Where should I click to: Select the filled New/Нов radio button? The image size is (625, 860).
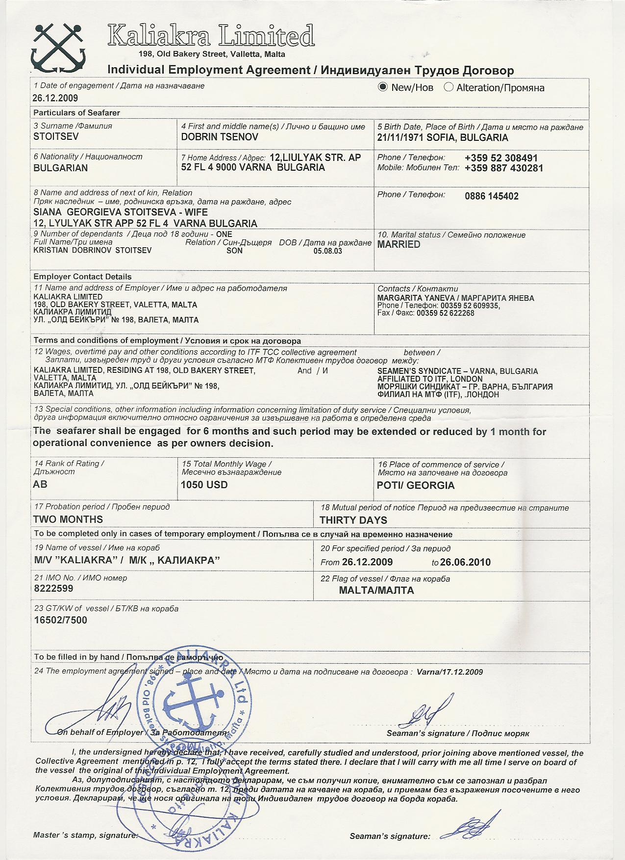coord(383,87)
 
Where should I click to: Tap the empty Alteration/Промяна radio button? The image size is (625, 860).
coord(448,87)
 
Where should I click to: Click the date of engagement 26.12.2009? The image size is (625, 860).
coord(55,98)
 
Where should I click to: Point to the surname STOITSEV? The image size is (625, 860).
coord(56,137)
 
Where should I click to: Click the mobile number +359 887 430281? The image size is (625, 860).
coord(504,168)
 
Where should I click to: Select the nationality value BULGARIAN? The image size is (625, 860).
coord(61,168)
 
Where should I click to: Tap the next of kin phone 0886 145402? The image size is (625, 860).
coord(491,196)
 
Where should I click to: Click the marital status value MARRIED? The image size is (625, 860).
coord(399,244)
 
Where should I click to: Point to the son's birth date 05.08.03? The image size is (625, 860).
coord(327,251)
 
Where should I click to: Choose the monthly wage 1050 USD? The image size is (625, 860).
coord(204,485)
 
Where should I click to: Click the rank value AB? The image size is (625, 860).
coord(40,484)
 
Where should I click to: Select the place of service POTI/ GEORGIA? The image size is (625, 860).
coord(416,486)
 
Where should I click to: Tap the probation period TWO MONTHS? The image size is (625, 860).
coord(68,520)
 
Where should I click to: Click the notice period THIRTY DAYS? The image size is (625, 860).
coord(353,520)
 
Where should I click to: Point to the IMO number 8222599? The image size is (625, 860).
coord(53,588)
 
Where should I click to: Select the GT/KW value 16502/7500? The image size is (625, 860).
coord(60,620)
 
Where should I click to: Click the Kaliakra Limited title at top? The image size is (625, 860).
coord(211,36)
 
